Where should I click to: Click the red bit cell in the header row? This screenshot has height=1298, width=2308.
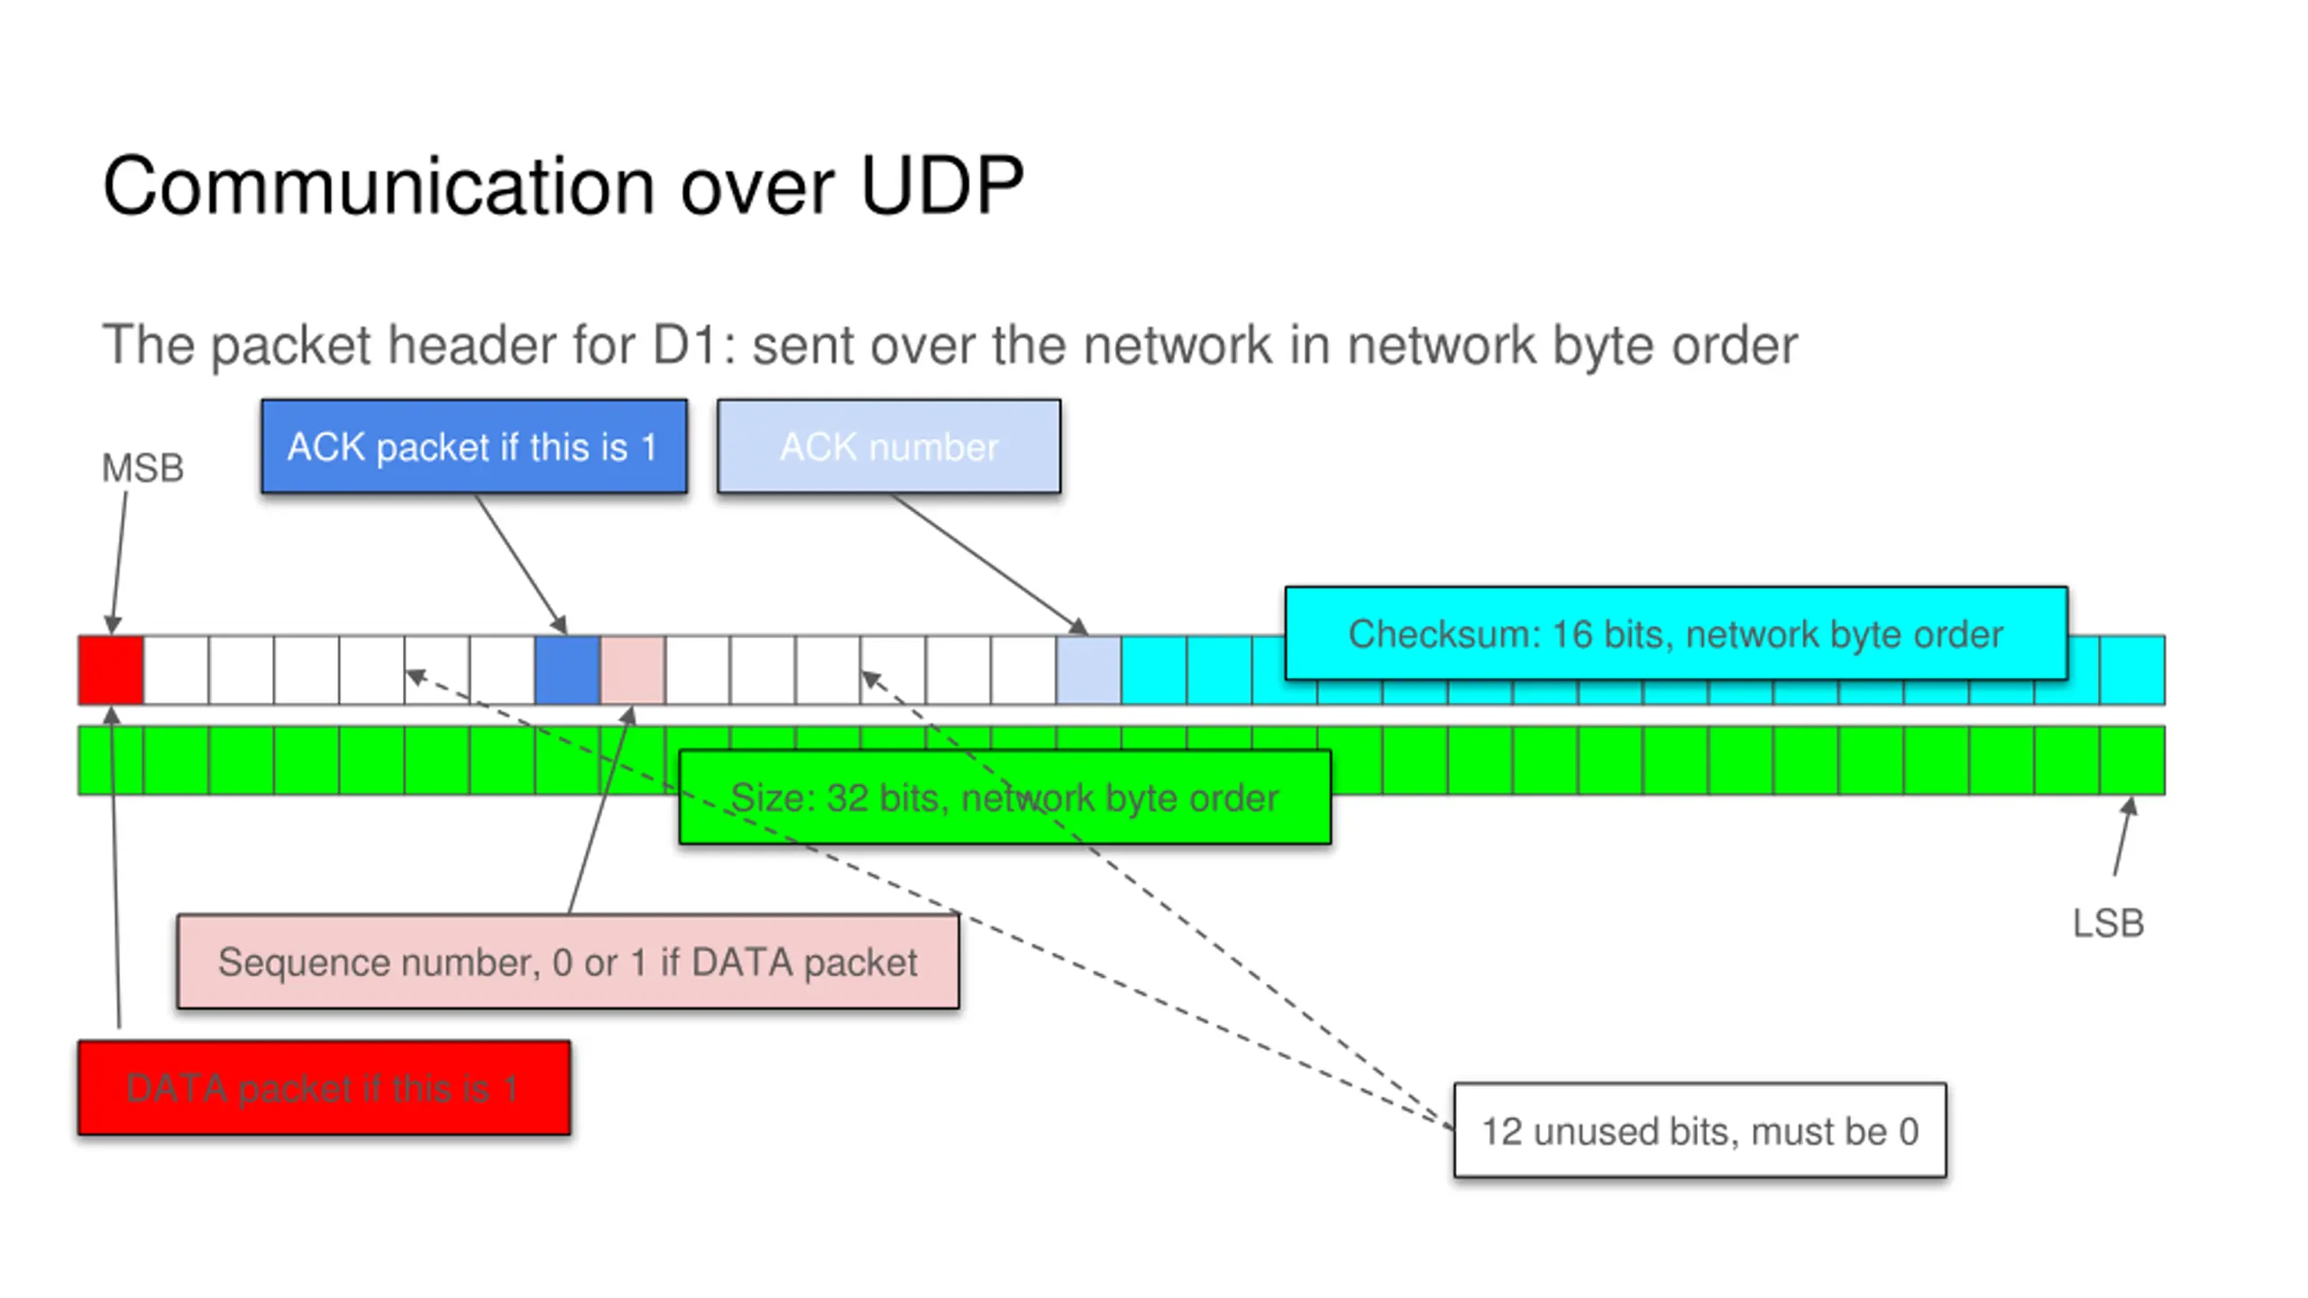point(111,670)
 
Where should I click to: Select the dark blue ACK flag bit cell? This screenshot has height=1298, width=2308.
point(567,670)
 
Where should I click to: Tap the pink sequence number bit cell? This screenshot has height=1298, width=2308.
point(633,670)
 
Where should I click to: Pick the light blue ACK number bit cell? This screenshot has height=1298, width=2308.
point(1088,670)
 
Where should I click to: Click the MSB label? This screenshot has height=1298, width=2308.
point(142,468)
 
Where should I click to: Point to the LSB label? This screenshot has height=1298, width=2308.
point(2108,923)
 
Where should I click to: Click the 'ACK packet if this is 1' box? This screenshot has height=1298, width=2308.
point(474,446)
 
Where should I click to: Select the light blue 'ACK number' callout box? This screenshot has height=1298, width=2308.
point(889,446)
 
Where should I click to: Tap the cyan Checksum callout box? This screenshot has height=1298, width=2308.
point(1676,633)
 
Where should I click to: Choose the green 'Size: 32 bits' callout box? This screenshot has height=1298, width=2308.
point(1005,797)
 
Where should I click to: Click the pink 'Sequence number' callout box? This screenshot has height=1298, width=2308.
point(568,962)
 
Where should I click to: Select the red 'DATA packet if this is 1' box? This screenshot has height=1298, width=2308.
point(325,1088)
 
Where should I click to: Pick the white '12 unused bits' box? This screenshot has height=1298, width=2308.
point(1700,1130)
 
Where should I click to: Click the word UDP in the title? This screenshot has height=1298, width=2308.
point(942,186)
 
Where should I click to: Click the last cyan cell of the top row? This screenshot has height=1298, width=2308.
point(2132,670)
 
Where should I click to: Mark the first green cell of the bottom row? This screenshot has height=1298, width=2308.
point(111,760)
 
